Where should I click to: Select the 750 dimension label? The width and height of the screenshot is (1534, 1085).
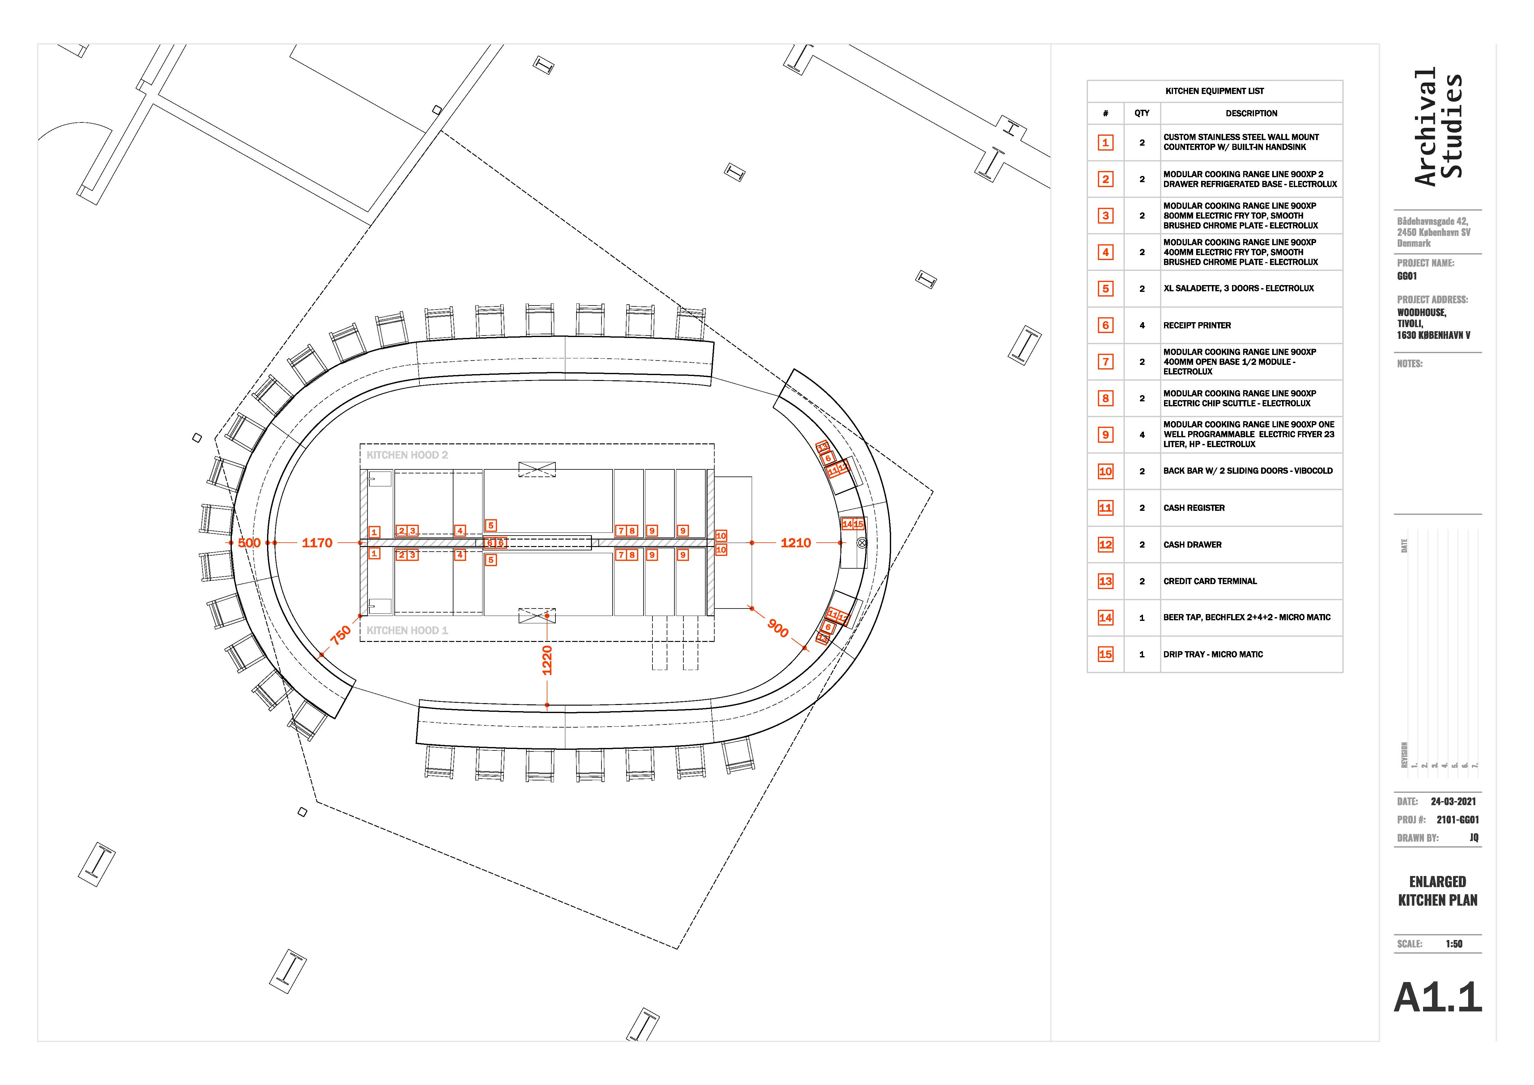340,634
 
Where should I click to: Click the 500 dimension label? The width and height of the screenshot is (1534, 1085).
249,543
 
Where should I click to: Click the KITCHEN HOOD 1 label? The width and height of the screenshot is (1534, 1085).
407,630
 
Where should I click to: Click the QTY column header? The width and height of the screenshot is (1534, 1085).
1142,113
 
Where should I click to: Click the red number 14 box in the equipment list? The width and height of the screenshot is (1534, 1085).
1105,618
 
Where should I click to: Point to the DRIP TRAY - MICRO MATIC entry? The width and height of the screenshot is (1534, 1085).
1213,655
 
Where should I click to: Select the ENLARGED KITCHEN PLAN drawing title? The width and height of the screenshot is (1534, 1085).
1437,891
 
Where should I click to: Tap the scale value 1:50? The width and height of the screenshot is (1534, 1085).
1454,944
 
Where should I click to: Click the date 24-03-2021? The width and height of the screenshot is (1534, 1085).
1453,801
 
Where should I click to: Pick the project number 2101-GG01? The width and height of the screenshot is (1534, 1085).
1457,820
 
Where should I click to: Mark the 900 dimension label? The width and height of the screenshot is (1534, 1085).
778,628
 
